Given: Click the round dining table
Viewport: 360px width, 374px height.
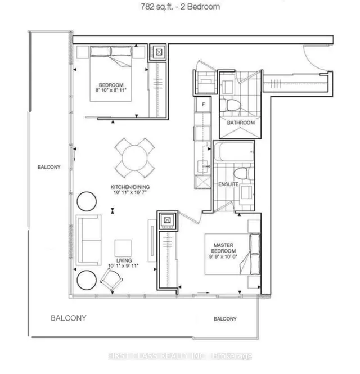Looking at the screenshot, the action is click(134, 158).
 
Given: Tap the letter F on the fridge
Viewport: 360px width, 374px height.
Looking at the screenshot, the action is click(203, 105).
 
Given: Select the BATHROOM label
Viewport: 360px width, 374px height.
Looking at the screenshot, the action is click(241, 123).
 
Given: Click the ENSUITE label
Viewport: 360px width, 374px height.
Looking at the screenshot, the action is click(228, 184).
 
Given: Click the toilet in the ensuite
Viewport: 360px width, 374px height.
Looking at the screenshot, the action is click(241, 173).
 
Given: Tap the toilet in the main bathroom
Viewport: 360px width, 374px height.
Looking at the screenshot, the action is click(229, 105).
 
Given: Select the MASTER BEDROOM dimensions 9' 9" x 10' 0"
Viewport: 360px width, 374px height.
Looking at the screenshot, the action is click(223, 257).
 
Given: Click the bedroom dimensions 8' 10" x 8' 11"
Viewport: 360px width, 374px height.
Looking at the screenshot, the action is click(111, 90).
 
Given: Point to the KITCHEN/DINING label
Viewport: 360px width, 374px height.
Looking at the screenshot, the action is click(130, 187).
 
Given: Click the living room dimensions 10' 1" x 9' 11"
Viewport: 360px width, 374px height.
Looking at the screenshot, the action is click(123, 265).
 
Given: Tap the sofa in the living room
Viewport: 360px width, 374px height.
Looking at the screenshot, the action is click(88, 240).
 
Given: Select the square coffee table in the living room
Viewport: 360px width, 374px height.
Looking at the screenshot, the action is click(123, 248).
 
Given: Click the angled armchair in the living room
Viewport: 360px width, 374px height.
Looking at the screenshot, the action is click(111, 280).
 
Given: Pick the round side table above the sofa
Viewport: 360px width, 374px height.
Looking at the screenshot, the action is click(87, 201).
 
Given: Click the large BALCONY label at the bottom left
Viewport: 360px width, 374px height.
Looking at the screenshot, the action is click(69, 318).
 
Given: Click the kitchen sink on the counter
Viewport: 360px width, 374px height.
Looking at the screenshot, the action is click(203, 166).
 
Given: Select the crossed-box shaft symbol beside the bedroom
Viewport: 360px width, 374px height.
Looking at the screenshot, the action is click(159, 52).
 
